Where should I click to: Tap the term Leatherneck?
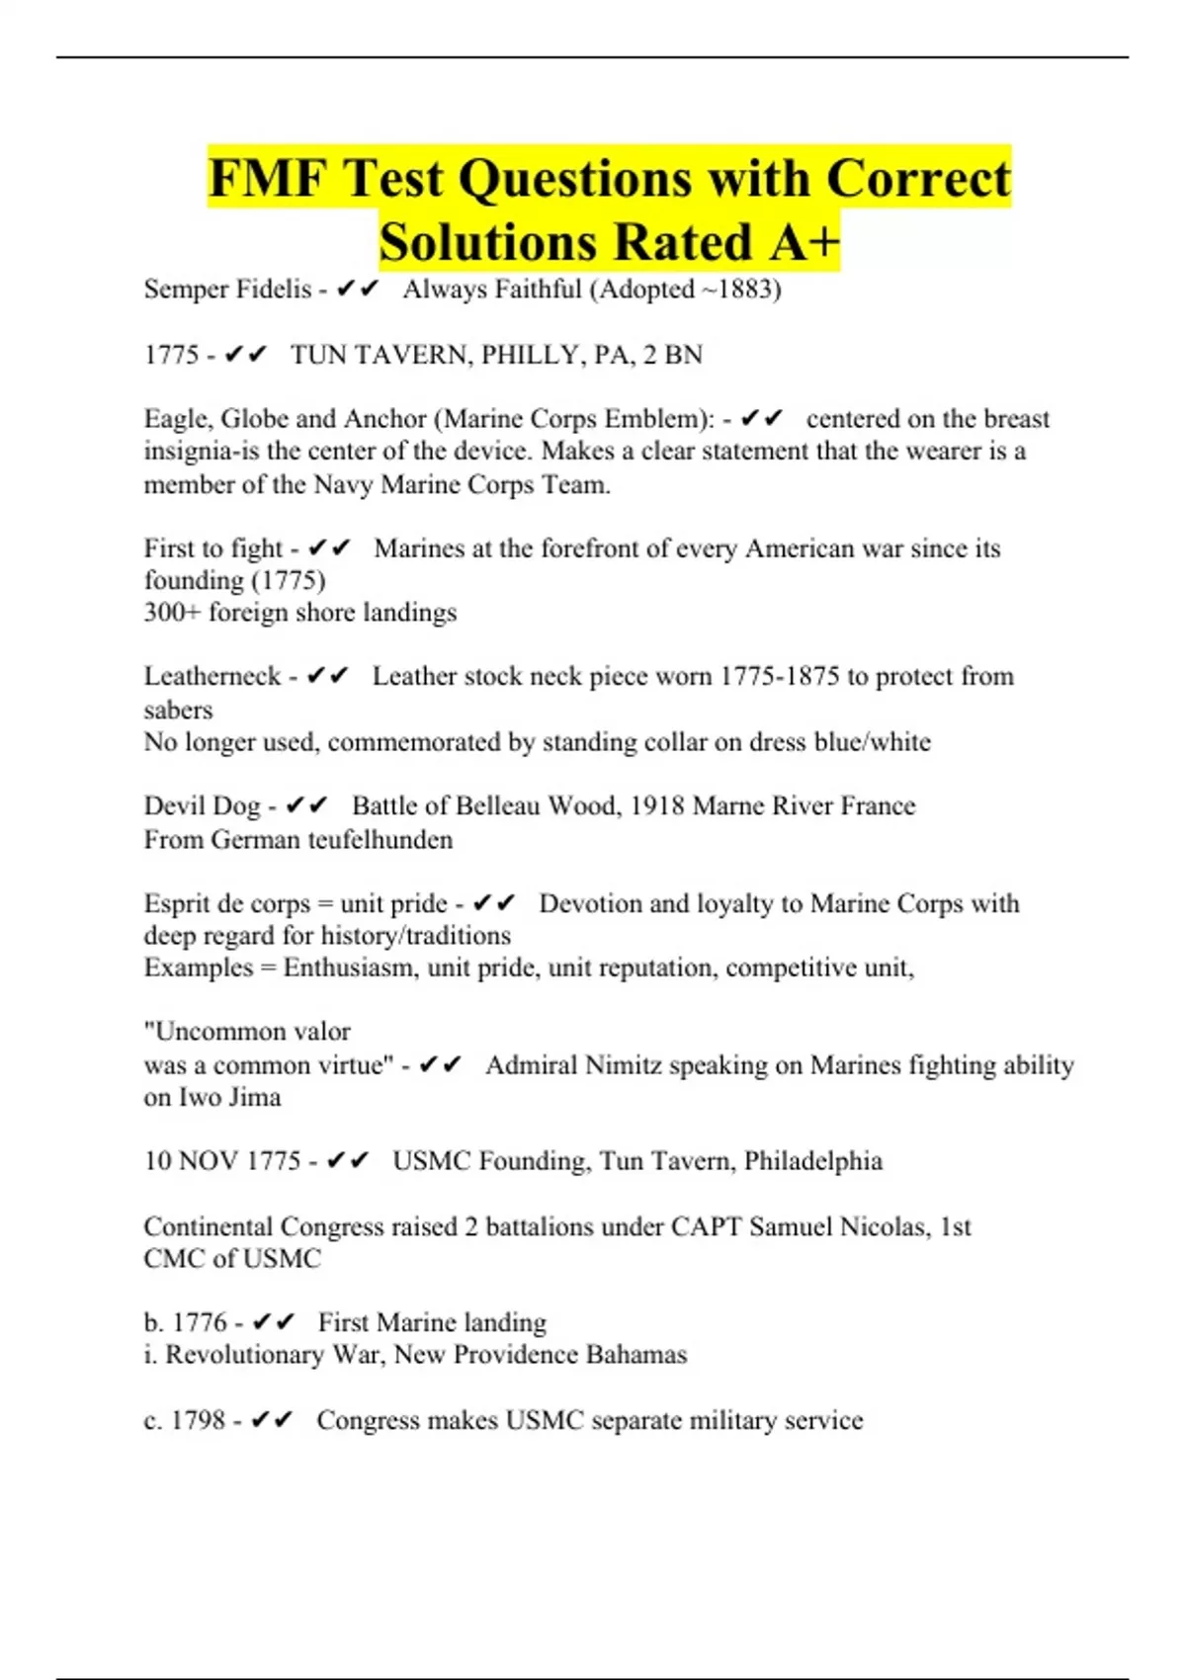(x=212, y=677)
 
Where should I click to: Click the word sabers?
(x=178, y=710)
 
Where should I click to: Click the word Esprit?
(x=178, y=904)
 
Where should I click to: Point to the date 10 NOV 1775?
(x=221, y=1161)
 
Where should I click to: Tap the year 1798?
(x=198, y=1420)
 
